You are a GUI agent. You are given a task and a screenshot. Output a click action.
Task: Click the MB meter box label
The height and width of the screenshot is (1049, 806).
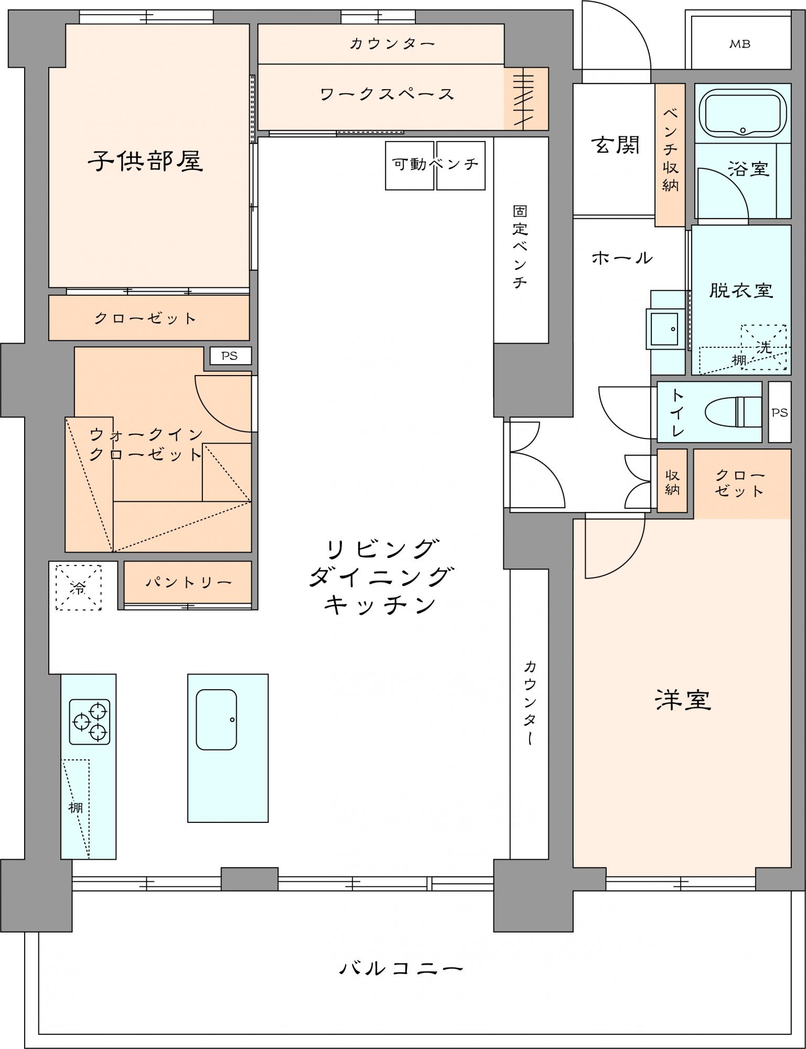[x=739, y=44]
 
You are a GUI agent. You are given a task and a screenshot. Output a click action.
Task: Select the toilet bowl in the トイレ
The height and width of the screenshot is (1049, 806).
[x=733, y=411]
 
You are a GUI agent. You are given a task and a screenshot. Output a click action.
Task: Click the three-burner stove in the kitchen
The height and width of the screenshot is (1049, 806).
[x=90, y=722]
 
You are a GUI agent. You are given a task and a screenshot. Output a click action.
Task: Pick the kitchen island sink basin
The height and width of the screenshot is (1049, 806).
[x=216, y=719]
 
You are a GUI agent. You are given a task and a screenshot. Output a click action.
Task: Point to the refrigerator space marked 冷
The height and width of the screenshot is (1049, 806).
[x=79, y=587]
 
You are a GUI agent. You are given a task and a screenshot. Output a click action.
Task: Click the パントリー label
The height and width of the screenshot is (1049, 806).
[x=188, y=582]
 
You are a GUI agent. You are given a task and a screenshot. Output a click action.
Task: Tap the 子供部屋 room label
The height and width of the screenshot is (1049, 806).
[x=145, y=160]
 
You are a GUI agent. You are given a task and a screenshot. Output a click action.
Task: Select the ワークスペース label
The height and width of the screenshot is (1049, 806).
[x=387, y=94]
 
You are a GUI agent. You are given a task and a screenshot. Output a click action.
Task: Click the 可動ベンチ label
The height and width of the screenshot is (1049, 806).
[x=436, y=164]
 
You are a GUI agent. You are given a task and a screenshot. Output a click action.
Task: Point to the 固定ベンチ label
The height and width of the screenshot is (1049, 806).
[x=520, y=247]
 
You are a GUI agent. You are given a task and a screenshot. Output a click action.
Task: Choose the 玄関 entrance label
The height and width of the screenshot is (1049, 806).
[x=616, y=145]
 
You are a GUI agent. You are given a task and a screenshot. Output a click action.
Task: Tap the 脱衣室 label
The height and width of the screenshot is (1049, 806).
[x=741, y=290]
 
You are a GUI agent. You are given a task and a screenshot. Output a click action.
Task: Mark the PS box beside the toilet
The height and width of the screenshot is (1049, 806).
[x=780, y=412]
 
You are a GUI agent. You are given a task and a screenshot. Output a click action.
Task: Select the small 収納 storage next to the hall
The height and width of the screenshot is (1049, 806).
[x=672, y=481]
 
